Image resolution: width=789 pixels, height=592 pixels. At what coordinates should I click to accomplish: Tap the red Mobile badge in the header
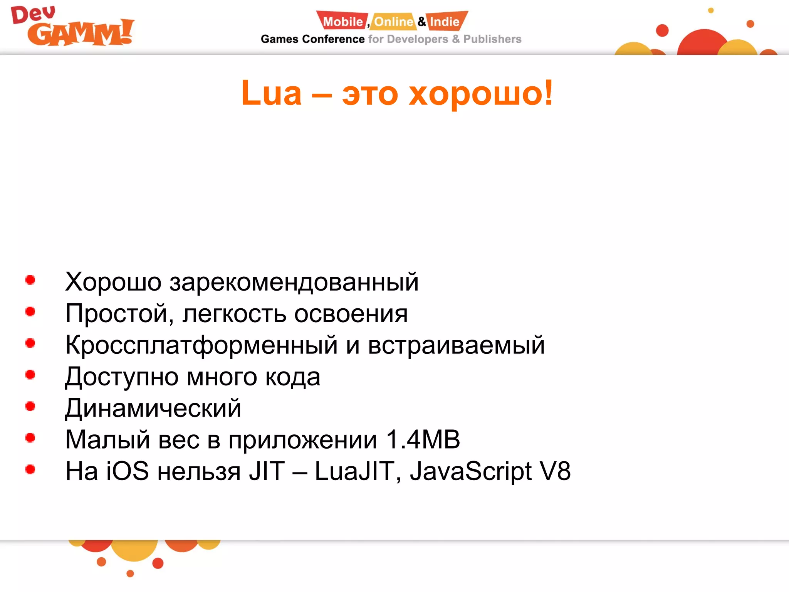(342, 22)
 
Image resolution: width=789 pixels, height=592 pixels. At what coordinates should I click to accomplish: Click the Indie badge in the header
(445, 22)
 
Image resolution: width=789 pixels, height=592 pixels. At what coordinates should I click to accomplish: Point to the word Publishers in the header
(492, 39)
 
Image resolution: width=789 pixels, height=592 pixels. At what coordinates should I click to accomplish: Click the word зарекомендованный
(294, 282)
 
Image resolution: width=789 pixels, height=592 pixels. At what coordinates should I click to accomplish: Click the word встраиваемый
(456, 345)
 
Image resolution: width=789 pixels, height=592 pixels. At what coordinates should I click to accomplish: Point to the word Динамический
(153, 408)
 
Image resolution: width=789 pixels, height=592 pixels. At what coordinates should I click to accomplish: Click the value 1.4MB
(423, 439)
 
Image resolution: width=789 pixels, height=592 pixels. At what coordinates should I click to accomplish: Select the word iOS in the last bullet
(127, 471)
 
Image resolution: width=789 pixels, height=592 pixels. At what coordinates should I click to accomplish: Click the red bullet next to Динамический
(30, 406)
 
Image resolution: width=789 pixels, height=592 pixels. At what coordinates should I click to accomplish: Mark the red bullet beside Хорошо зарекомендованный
(30, 280)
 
